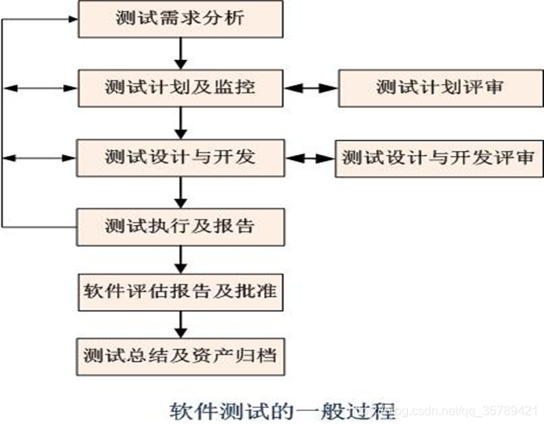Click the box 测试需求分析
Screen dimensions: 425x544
click(179, 19)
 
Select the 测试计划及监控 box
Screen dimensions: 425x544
click(179, 88)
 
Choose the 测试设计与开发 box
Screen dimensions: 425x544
click(179, 158)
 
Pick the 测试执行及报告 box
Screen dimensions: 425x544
click(179, 227)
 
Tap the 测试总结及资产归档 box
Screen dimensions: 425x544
click(179, 356)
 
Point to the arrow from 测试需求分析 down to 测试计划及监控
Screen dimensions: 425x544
click(181, 53)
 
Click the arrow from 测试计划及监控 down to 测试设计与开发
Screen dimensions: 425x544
click(181, 123)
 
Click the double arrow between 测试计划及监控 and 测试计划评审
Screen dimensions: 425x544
click(310, 89)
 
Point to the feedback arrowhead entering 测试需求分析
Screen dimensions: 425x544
click(70, 19)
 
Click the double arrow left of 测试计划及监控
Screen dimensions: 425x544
click(39, 89)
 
